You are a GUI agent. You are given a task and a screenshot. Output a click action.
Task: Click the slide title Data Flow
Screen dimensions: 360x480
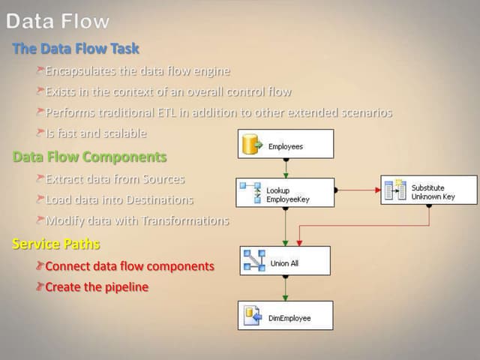tap(58, 22)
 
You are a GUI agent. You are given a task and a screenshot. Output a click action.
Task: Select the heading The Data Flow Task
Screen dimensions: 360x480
tap(76, 49)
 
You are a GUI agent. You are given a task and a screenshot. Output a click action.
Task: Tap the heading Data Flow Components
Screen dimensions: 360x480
tap(89, 157)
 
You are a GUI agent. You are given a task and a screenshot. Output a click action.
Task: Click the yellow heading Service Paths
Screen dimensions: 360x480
tap(56, 244)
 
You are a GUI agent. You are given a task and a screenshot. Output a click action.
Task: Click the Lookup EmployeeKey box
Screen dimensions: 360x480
tap(284, 193)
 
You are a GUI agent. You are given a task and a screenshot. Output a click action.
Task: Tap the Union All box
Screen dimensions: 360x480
tap(286, 262)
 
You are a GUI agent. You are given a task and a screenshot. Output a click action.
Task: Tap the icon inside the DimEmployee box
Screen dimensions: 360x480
tap(253, 316)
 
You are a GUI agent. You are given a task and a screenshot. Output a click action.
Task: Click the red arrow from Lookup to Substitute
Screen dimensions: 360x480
tap(357, 190)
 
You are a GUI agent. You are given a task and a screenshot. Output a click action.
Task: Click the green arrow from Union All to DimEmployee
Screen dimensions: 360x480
tap(285, 289)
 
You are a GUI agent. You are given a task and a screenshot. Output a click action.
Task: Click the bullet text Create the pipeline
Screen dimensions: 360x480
tap(97, 287)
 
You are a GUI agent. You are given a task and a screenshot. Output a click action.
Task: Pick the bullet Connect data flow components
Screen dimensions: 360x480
tap(130, 266)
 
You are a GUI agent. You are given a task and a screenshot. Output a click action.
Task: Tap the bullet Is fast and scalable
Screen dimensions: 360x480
tap(95, 133)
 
